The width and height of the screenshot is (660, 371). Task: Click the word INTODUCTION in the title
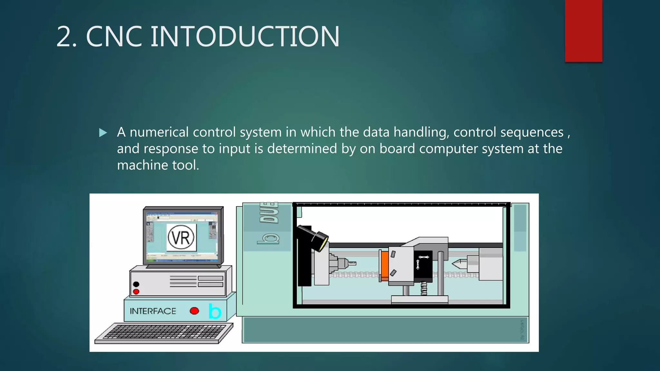245,36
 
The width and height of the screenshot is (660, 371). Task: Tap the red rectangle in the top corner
583,31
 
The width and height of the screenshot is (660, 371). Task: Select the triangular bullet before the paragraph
103,133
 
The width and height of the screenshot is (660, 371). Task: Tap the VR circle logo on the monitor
181,238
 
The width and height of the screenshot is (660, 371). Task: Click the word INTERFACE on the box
153,311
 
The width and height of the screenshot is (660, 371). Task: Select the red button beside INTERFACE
194,311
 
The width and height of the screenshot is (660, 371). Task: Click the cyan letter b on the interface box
215,311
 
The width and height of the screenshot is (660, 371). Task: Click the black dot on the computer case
136,284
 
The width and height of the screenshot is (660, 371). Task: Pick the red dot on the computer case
136,291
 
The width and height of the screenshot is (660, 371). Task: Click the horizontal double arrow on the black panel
423,257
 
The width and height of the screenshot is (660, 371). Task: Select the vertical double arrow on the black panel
418,264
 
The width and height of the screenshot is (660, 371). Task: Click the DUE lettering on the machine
269,213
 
